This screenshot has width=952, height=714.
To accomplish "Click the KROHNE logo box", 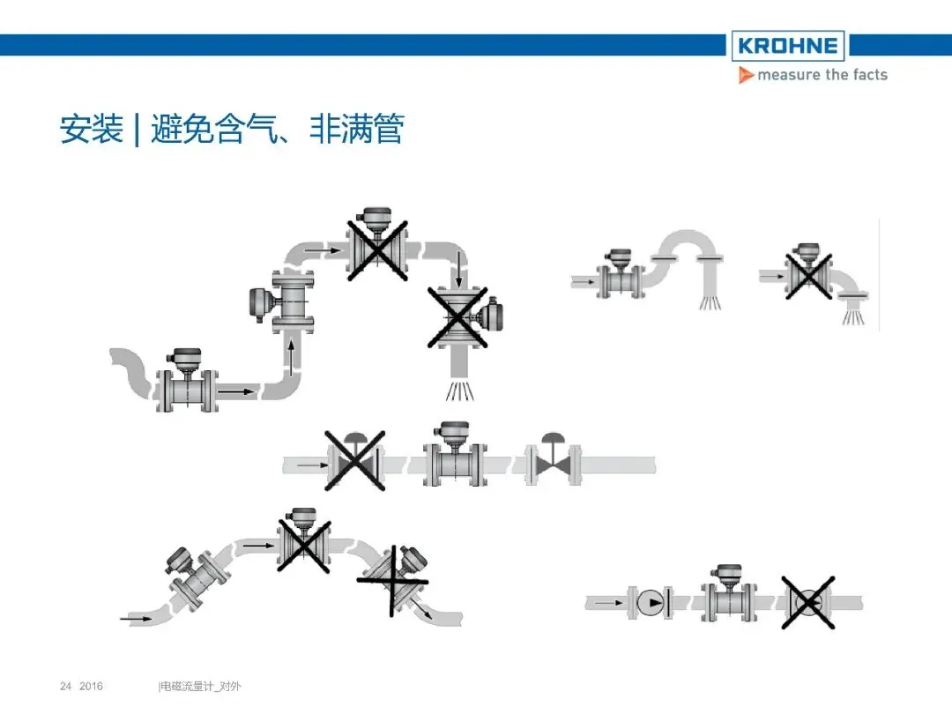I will [787, 45].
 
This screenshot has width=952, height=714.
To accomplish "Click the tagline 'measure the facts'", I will [822, 75].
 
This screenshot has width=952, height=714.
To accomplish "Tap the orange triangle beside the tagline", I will [746, 76].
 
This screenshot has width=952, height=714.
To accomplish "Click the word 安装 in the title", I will [91, 130].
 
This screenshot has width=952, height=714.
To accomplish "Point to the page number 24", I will [64, 686].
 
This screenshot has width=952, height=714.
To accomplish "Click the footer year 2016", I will [92, 686].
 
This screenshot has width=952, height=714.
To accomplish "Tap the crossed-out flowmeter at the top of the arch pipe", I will [377, 246].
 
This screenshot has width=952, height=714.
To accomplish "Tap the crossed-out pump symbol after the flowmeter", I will [807, 603].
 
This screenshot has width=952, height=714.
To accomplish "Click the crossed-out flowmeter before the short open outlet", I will [808, 273].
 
